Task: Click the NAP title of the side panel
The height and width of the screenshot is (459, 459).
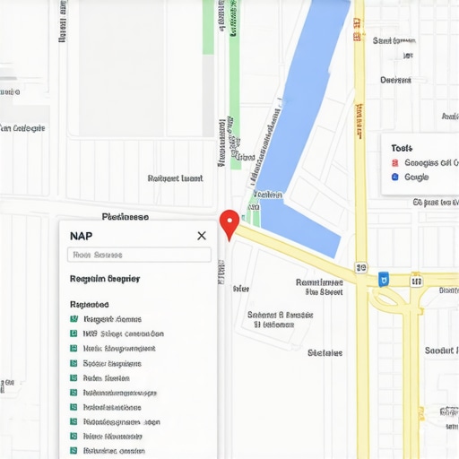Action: point(81,235)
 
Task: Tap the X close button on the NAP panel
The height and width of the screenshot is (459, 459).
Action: point(202,235)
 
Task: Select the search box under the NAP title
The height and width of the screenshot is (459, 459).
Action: point(139,255)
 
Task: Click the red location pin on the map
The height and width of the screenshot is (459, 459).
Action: point(229,222)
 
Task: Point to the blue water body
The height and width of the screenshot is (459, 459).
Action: point(305,117)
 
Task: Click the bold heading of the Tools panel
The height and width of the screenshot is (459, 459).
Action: point(402,147)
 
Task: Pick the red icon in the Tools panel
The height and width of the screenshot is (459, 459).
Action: point(394,163)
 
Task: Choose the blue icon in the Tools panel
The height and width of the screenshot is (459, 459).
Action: point(394,177)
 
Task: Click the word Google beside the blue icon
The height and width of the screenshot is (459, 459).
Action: point(417,177)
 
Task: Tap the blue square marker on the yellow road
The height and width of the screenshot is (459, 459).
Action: point(384,279)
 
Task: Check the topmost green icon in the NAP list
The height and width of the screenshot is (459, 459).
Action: point(74,319)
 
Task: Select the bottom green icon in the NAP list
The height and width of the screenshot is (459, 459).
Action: point(74,450)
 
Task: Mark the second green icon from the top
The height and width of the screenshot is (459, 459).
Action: point(74,333)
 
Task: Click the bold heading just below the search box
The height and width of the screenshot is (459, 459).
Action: point(104,279)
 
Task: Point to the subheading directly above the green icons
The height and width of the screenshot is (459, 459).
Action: point(89,304)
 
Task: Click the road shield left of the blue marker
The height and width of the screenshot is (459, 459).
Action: point(361,267)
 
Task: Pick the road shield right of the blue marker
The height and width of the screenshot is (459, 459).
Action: point(416,281)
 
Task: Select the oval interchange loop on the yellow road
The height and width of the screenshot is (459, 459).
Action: point(390,301)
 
